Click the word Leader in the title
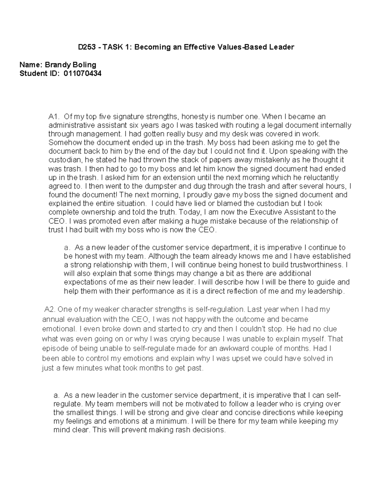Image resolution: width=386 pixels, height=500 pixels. (x=281, y=47)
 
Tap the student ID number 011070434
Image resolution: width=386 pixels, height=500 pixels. (x=83, y=73)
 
